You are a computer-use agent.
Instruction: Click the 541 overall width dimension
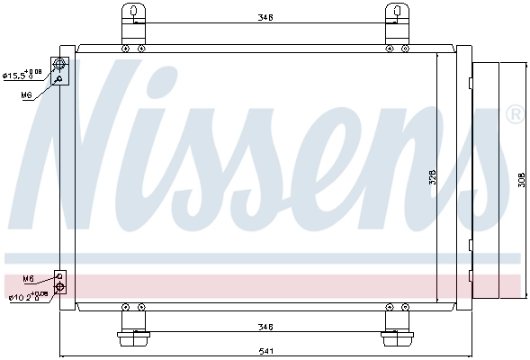pyautogui.click(x=265, y=350)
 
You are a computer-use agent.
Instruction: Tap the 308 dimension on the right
pyautogui.click(x=523, y=179)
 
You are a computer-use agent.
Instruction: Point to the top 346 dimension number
pyautogui.click(x=264, y=16)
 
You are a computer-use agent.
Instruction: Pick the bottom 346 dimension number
pyautogui.click(x=264, y=327)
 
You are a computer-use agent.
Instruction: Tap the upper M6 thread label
pyautogui.click(x=27, y=94)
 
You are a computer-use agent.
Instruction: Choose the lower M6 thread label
pyautogui.click(x=28, y=279)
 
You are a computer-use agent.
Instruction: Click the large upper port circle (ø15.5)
pyautogui.click(x=60, y=64)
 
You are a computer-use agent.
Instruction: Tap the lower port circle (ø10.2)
pyautogui.click(x=60, y=288)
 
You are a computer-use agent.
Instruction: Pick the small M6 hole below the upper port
pyautogui.click(x=59, y=79)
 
